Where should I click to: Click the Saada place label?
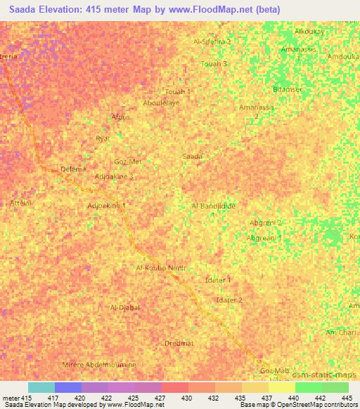(x=193, y=156)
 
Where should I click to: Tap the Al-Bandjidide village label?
(x=213, y=205)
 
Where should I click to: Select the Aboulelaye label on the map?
(x=162, y=103)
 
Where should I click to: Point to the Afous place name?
(x=121, y=117)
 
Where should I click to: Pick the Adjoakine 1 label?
(x=106, y=205)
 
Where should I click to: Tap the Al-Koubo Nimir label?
(x=162, y=268)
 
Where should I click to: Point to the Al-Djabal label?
(x=126, y=308)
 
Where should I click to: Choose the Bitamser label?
(x=287, y=90)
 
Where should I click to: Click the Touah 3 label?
(x=214, y=64)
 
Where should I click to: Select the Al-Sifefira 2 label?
(x=212, y=42)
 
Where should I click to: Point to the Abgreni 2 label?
(x=266, y=223)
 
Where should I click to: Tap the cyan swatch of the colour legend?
(x=41, y=387)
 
